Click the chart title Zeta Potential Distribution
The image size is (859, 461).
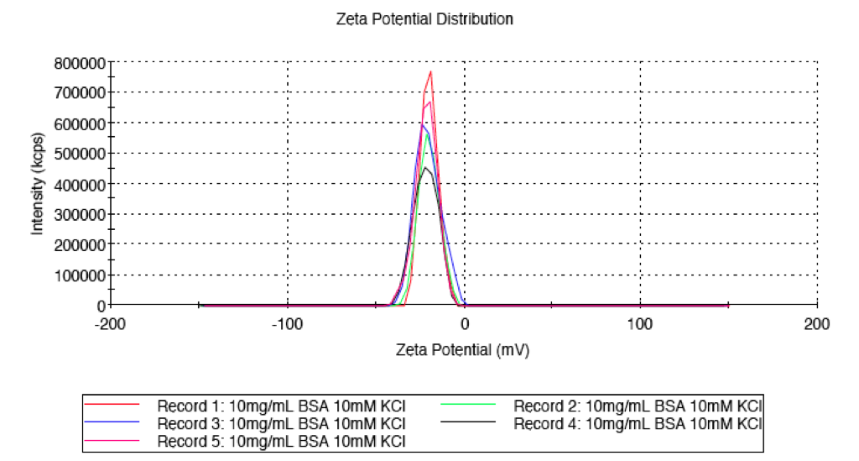[x=424, y=19]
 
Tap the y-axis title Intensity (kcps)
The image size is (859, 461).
[x=37, y=184]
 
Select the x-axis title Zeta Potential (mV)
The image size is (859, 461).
[x=462, y=349]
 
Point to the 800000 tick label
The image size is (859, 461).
[x=80, y=63]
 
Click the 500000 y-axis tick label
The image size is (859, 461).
[x=80, y=154]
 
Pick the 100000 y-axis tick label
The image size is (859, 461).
[x=80, y=275]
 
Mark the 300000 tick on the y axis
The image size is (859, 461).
[x=80, y=214]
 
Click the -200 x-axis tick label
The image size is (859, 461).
[x=110, y=324]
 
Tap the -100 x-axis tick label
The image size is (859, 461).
[x=287, y=324]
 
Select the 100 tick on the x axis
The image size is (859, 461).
[x=640, y=324]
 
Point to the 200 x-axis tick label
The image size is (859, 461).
[x=817, y=324]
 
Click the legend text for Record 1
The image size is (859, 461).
[x=281, y=406]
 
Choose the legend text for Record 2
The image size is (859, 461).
[x=638, y=406]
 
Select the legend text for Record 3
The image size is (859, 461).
[x=281, y=424]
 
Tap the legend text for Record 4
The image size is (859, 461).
[x=638, y=424]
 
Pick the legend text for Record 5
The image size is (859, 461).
[x=281, y=441]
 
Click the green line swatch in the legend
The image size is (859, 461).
[x=468, y=405]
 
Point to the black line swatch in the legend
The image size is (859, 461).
[x=468, y=422]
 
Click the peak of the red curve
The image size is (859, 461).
[x=431, y=72]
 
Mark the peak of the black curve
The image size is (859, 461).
[x=425, y=167]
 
